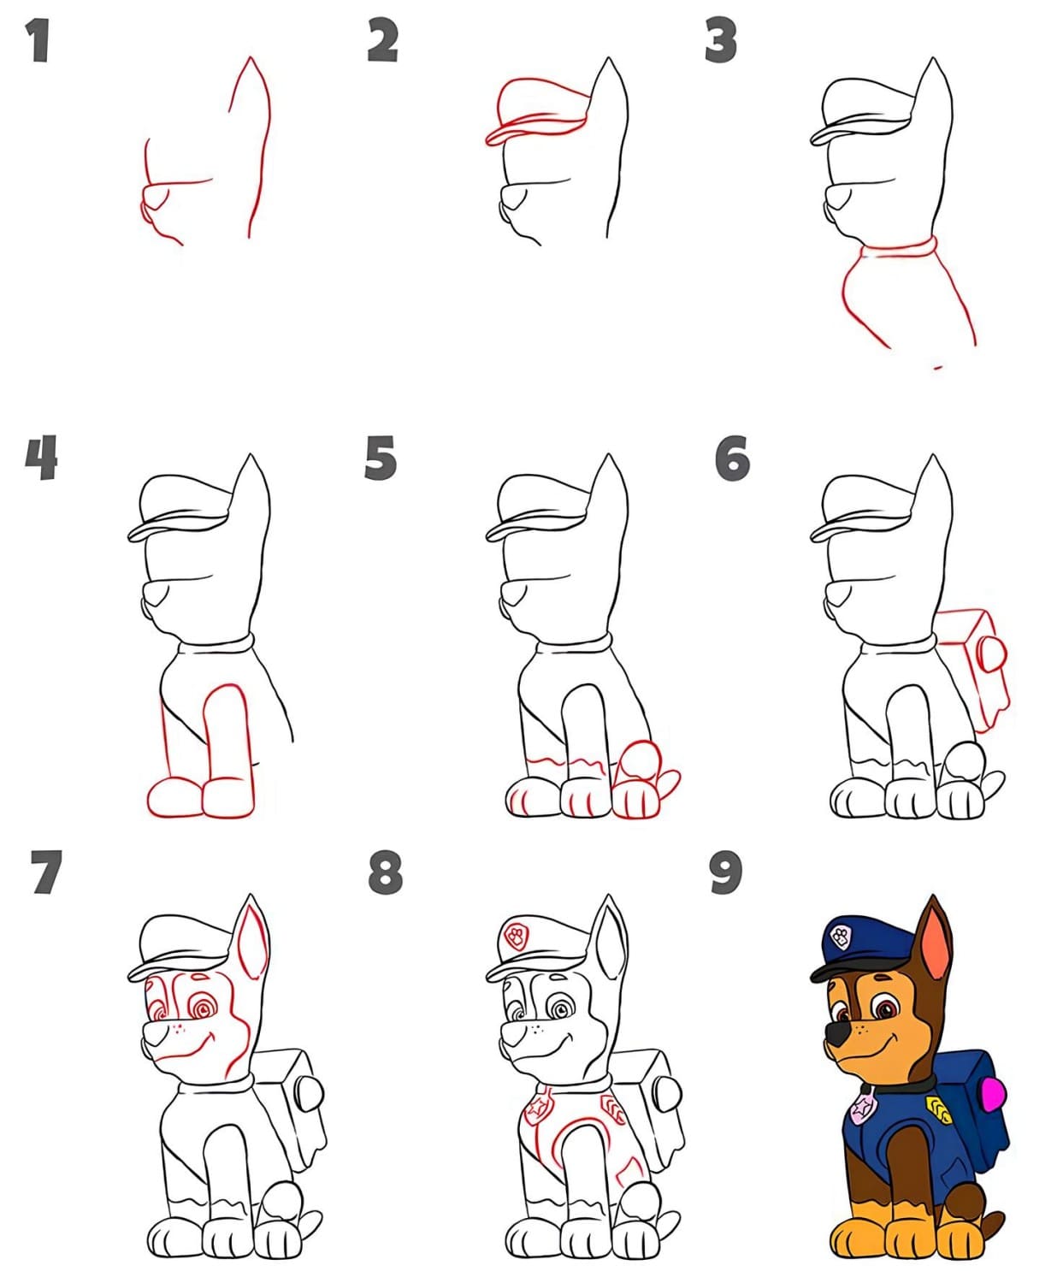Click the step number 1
[x=38, y=40]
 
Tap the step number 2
[x=383, y=40]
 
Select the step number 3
[x=721, y=40]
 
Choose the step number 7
[x=46, y=872]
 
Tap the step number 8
[x=386, y=872]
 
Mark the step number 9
[x=726, y=872]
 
